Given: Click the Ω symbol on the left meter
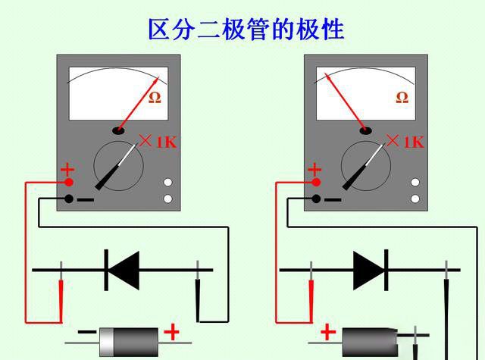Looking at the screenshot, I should pyautogui.click(x=155, y=97).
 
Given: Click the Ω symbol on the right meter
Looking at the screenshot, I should pyautogui.click(x=402, y=97).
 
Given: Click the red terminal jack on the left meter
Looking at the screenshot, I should pyautogui.click(x=69, y=182).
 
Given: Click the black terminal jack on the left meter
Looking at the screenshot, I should pyautogui.click(x=69, y=199).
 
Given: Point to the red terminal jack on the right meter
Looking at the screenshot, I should pyautogui.click(x=316, y=182).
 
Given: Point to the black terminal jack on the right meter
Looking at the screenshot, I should pyautogui.click(x=316, y=199).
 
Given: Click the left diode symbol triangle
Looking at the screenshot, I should pyautogui.click(x=124, y=269).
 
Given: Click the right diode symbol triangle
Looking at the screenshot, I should pyautogui.click(x=370, y=269).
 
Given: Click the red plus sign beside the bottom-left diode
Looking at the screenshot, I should pyautogui.click(x=173, y=332).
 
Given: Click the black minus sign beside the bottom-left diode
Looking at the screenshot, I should pyautogui.click(x=88, y=333).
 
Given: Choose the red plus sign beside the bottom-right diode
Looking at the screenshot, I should pyautogui.click(x=328, y=332).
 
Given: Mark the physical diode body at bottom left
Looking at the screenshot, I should pyautogui.click(x=130, y=340).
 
